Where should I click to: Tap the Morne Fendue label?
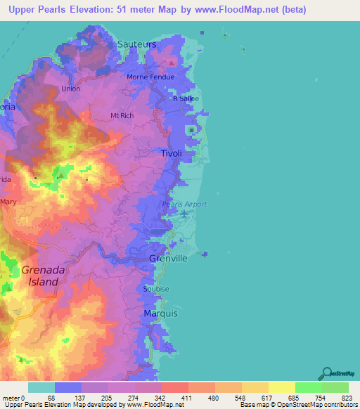(x=146, y=77)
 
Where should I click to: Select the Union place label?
(x=71, y=89)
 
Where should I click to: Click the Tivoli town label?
(x=172, y=153)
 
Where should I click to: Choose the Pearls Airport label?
(x=186, y=204)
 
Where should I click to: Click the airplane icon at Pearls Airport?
(x=185, y=214)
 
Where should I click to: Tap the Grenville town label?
(x=168, y=259)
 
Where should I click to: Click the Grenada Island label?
(x=44, y=275)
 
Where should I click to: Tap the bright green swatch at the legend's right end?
(x=335, y=387)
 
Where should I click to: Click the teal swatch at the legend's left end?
(x=41, y=387)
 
